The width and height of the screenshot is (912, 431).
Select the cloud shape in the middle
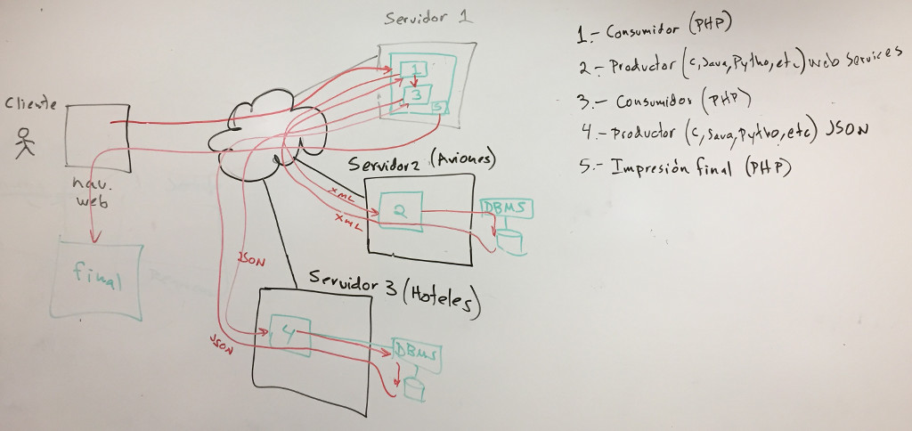point(258,126)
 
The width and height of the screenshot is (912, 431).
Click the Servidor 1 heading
point(427,19)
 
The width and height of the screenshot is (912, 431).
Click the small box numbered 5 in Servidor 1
point(437,107)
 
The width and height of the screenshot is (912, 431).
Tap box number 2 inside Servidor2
point(399,211)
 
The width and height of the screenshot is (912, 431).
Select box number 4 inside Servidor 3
point(289,334)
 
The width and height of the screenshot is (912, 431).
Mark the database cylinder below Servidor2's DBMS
point(509,240)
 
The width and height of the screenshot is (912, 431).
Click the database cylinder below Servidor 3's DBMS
point(414,387)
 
